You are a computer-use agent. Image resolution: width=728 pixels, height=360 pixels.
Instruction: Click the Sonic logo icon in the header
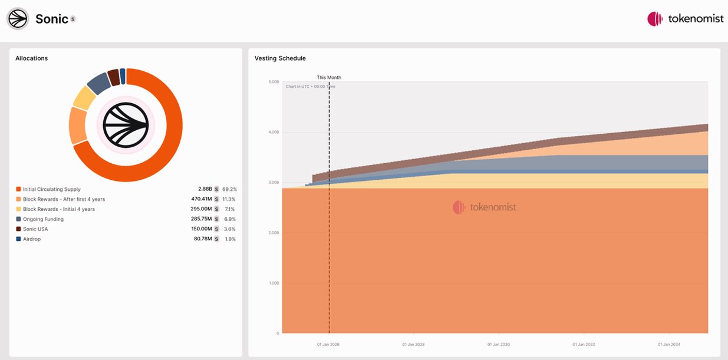[18, 19]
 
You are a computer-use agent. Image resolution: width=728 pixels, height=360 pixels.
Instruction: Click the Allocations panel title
[32, 58]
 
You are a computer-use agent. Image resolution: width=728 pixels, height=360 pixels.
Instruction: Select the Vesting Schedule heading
[280, 58]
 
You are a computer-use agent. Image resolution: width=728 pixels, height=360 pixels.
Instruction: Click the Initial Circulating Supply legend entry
[52, 189]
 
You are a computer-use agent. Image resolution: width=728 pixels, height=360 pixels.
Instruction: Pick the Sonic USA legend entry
[35, 229]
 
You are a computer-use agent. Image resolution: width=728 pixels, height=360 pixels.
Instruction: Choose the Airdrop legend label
[32, 239]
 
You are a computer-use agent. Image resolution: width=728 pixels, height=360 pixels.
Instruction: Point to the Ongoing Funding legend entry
[43, 219]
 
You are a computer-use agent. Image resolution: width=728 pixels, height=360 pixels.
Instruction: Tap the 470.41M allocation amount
[201, 199]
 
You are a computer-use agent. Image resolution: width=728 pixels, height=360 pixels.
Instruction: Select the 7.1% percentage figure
[230, 209]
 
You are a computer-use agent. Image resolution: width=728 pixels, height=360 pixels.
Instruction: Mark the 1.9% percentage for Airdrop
[230, 239]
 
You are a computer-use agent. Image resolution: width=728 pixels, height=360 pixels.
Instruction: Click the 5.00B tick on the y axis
[274, 82]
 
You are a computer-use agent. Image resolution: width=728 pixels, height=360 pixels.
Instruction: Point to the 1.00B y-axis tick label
[274, 283]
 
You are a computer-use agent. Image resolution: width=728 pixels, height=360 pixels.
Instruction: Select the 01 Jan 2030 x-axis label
[496, 344]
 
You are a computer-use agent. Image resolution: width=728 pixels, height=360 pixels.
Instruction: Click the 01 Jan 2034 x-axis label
[668, 344]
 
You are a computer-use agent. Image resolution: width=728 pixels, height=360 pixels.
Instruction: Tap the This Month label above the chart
[329, 78]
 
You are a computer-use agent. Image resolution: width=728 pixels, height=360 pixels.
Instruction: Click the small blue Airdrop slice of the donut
[123, 76]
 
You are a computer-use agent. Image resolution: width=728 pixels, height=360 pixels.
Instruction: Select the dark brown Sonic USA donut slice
[113, 78]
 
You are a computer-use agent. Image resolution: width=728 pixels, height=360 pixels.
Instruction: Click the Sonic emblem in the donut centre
[126, 125]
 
